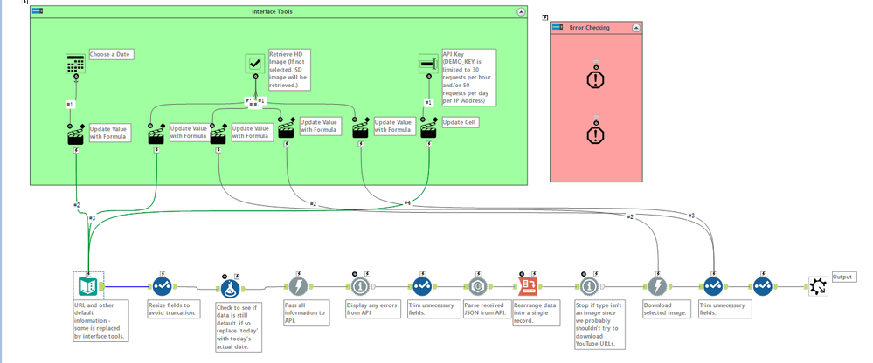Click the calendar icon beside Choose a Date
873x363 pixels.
(76, 63)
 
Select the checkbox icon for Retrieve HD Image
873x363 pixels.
(255, 63)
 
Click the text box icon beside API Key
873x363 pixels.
(427, 63)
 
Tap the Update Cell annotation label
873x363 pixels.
(460, 122)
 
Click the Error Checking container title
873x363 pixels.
(589, 28)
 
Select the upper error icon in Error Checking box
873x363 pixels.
(595, 78)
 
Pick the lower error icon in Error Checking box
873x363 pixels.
(595, 134)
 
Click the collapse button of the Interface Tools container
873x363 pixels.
(521, 12)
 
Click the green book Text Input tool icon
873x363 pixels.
(87, 285)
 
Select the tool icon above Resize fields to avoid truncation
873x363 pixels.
(162, 285)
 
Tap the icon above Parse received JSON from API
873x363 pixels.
(477, 285)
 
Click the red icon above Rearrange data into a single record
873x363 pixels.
(528, 285)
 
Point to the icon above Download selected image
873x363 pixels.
(657, 285)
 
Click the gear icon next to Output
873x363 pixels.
(817, 285)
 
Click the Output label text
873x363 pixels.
(844, 277)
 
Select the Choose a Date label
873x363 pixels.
(111, 54)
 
